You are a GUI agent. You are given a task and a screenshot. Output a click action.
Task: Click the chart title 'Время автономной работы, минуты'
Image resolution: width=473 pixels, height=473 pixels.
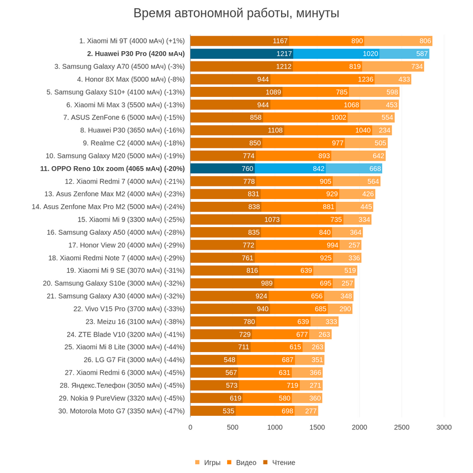tap(237, 13)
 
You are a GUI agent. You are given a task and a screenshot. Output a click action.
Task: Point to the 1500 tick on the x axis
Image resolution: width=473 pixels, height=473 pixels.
tap(317, 427)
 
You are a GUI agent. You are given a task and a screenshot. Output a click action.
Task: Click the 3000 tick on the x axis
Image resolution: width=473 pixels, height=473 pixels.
tap(444, 427)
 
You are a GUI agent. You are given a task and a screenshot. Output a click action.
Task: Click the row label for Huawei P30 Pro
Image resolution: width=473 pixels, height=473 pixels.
tap(136, 53)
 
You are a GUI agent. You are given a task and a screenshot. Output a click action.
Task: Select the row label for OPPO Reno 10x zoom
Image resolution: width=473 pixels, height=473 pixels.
tap(112, 168)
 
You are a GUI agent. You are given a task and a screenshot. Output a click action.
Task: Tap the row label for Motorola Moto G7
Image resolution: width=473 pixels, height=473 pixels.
tap(122, 411)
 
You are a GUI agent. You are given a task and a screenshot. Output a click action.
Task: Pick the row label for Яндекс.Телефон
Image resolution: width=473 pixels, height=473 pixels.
tap(122, 385)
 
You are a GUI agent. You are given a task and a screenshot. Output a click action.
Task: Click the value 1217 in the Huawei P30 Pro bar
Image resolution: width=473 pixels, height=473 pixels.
tap(284, 53)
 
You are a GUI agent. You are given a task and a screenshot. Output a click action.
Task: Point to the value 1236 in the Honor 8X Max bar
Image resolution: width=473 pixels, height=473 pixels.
tap(365, 79)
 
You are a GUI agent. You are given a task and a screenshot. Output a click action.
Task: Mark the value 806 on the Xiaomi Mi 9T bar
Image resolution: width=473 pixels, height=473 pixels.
tap(425, 41)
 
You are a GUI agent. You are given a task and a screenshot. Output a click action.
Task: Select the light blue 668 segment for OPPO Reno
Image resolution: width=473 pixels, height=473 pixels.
tap(375, 168)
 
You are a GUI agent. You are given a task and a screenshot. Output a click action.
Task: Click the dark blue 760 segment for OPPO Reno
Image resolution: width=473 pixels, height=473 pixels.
tap(247, 168)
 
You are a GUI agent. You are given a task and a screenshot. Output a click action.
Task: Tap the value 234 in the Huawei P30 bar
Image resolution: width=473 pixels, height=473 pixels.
tap(384, 130)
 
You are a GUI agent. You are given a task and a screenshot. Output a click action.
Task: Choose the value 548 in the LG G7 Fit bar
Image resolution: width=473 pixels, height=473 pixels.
tap(229, 360)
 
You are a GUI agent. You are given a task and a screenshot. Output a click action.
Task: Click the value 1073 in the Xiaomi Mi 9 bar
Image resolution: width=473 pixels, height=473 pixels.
tap(272, 219)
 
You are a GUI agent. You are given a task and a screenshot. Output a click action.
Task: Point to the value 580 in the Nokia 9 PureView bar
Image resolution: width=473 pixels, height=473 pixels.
tap(284, 398)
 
